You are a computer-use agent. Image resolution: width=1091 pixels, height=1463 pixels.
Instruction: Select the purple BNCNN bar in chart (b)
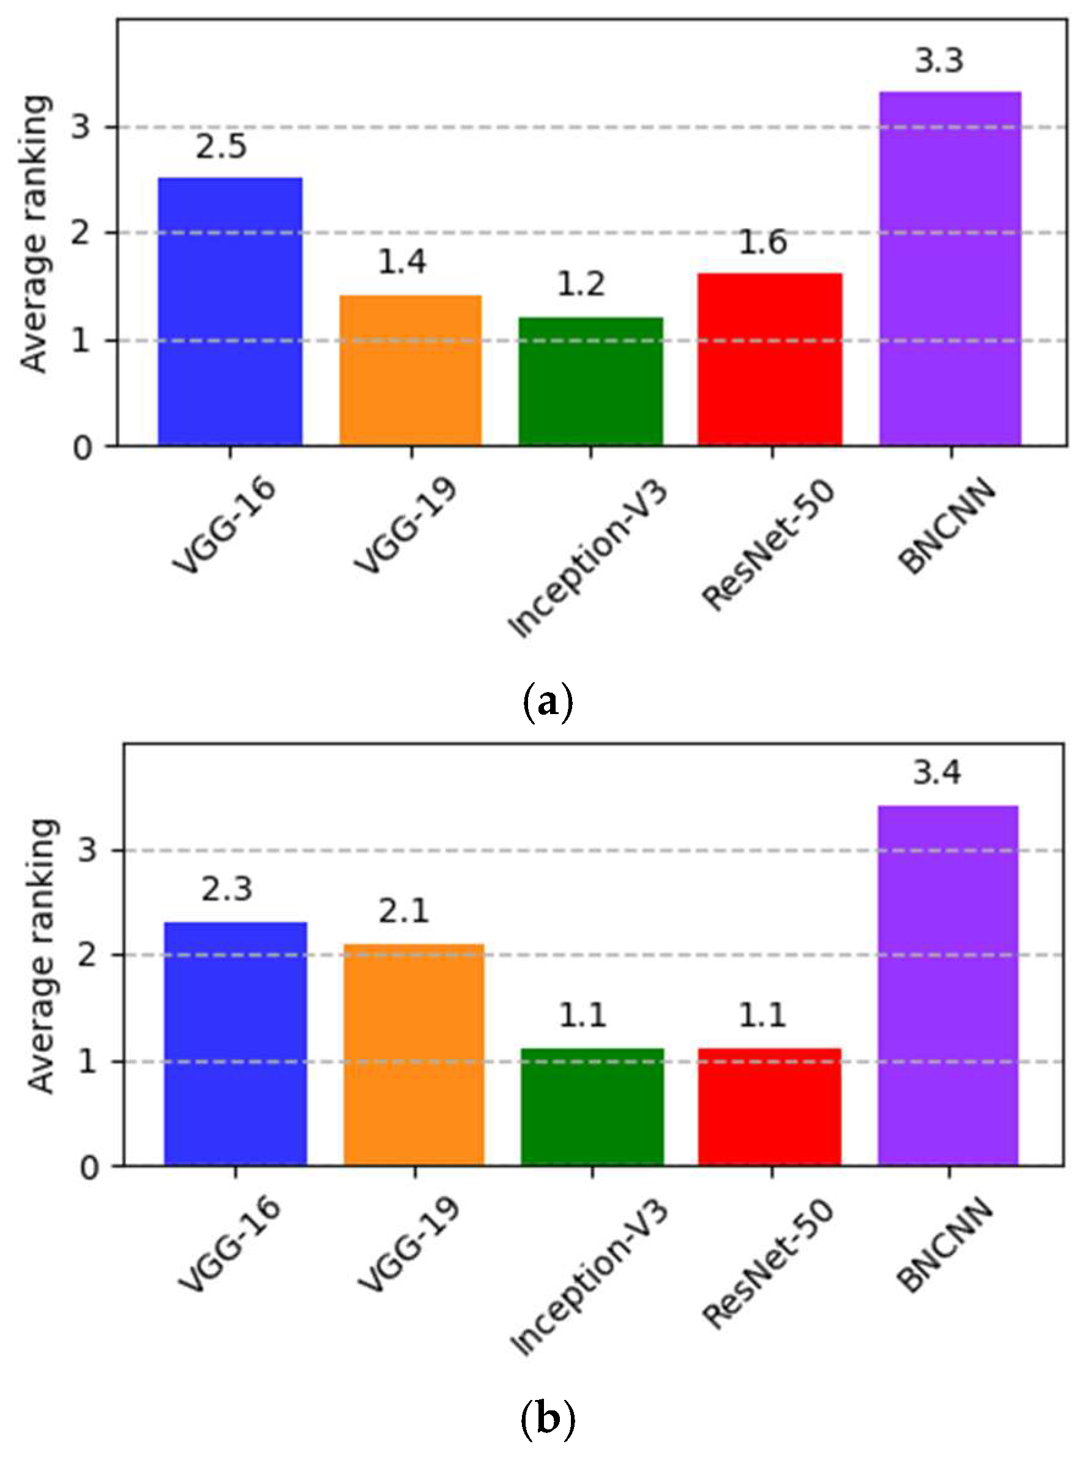click(948, 987)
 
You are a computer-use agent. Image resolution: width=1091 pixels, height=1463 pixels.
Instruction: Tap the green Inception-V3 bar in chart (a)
click(590, 381)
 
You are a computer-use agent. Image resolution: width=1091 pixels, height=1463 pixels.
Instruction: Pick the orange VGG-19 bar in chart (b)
click(414, 1056)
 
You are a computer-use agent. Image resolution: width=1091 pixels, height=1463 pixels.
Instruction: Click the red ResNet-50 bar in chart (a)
click(770, 359)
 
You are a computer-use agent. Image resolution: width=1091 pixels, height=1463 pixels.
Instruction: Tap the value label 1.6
click(762, 242)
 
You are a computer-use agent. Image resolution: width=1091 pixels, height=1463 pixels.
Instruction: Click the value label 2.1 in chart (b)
click(403, 912)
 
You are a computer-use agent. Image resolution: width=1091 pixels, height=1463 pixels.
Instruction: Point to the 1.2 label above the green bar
click(581, 285)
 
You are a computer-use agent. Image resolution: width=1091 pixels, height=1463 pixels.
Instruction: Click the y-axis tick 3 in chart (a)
click(81, 125)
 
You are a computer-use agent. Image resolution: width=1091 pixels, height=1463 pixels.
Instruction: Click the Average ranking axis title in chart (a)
click(34, 234)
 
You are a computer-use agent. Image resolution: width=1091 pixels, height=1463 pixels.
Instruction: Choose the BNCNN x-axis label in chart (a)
click(946, 526)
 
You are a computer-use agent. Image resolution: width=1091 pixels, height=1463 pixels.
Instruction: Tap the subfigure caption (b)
click(548, 1416)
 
